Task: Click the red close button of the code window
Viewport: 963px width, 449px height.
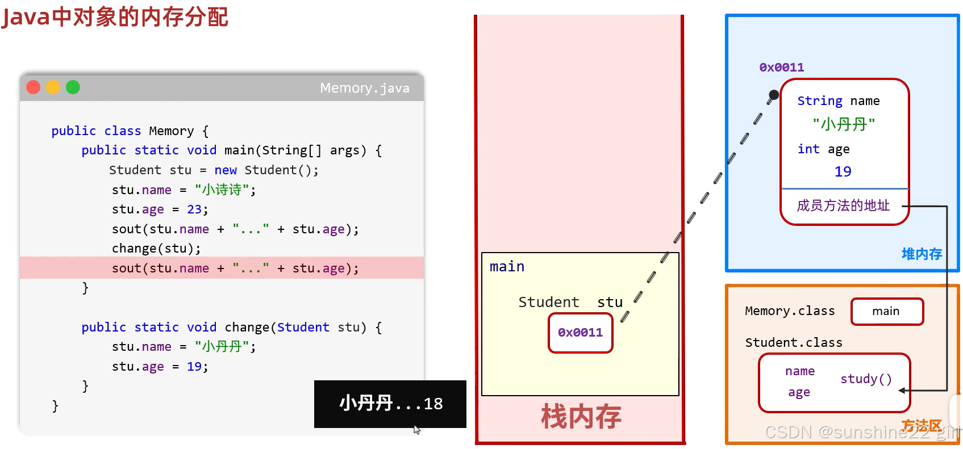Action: pos(33,87)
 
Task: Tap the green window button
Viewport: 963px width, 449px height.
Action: pos(73,87)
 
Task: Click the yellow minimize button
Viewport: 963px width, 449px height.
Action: pos(53,87)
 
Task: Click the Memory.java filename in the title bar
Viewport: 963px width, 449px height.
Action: pos(365,88)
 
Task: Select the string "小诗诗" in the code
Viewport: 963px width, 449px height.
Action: pos(222,190)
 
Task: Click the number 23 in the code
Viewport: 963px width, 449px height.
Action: pos(194,209)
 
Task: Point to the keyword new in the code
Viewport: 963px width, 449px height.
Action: pos(226,170)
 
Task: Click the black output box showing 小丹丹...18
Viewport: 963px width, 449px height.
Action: pos(390,404)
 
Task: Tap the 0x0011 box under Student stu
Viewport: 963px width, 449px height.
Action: pos(581,333)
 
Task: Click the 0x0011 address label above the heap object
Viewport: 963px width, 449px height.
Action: pos(781,68)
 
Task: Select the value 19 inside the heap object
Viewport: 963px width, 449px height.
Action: pos(843,171)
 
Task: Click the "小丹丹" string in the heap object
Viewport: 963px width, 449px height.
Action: pos(844,125)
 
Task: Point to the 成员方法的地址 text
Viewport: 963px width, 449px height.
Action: pos(843,205)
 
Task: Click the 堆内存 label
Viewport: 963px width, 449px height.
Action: pos(922,254)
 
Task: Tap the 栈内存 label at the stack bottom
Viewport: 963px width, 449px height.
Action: pos(581,416)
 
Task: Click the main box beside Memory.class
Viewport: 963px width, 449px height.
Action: pos(887,311)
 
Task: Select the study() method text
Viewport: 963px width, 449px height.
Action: pos(866,379)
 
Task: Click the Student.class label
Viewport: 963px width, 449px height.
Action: pos(793,342)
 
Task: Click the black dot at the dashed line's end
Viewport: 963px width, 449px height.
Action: pos(773,95)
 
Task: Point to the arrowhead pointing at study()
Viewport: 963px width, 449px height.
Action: pos(902,391)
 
